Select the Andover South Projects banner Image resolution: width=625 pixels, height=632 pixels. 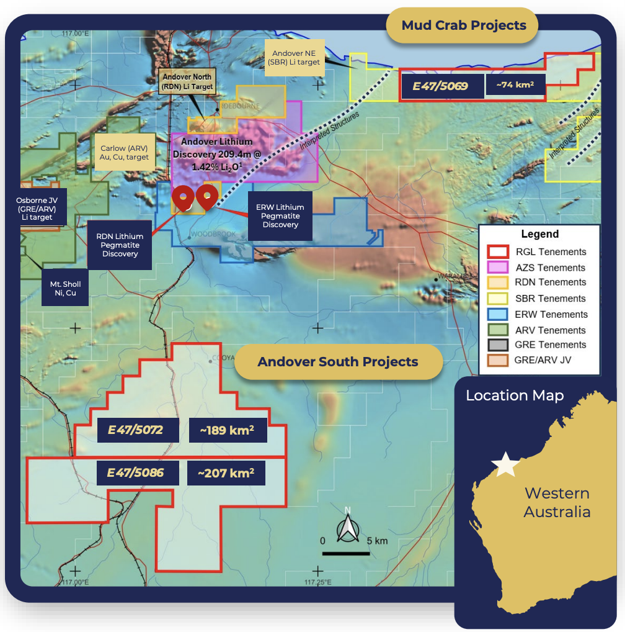(338, 362)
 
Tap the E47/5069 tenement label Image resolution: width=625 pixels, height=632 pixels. (440, 86)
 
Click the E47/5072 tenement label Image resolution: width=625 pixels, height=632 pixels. (135, 430)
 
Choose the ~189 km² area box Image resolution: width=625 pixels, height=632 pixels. (228, 430)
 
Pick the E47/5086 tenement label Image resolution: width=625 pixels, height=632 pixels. (136, 472)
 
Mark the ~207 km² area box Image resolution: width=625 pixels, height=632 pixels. (226, 473)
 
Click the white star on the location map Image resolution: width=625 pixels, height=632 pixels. (505, 464)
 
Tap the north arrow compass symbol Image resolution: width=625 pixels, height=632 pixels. (347, 528)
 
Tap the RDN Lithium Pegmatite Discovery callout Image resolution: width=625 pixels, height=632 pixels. (120, 245)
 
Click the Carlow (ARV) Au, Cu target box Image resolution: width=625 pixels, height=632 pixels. (125, 153)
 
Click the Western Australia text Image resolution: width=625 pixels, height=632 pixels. (557, 502)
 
